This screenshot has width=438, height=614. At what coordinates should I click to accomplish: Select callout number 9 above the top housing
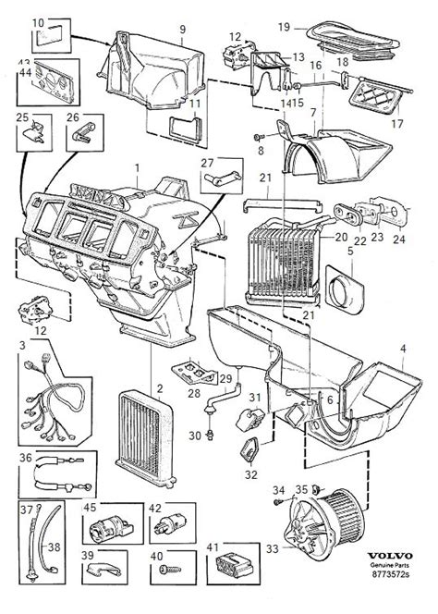(x=183, y=29)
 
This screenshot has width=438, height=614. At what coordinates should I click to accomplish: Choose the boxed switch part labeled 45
(x=104, y=527)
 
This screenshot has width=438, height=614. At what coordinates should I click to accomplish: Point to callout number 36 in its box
(x=25, y=456)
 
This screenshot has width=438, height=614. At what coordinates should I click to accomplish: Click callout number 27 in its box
(x=207, y=164)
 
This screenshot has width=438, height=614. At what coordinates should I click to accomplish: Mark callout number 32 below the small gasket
(x=252, y=476)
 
